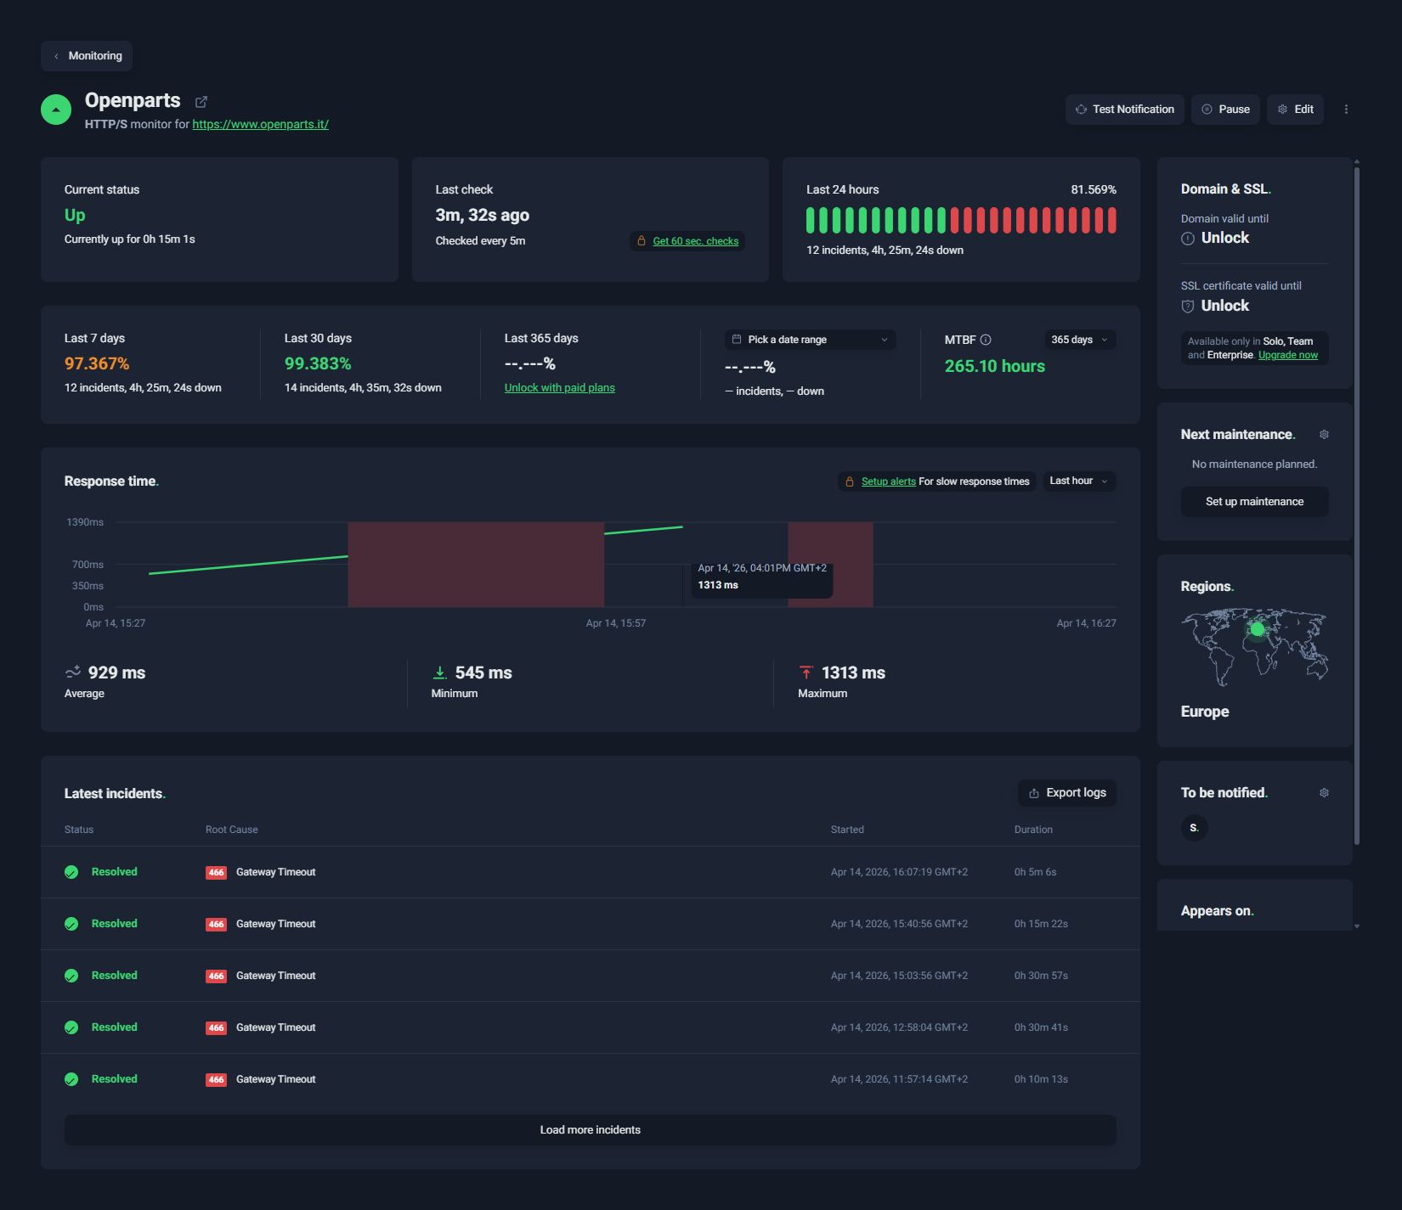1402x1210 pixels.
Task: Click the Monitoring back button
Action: pos(87,56)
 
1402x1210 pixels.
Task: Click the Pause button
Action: pos(1225,110)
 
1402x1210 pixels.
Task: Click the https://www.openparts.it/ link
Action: pos(260,124)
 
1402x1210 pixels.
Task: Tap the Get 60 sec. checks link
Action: pos(695,241)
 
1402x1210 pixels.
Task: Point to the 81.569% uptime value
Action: pos(1093,189)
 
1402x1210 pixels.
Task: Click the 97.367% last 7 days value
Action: pos(97,363)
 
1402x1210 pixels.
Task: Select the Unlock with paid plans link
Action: pos(559,388)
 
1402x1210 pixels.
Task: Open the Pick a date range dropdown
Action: pos(810,340)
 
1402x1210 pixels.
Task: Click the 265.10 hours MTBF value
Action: pos(994,366)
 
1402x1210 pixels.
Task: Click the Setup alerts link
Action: pos(888,481)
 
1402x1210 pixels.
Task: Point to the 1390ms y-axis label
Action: pos(85,522)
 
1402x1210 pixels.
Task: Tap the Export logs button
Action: pos(1067,793)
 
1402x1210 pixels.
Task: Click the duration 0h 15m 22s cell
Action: pos(1040,924)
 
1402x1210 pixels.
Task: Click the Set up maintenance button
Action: pos(1254,502)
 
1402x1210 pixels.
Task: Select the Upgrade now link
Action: pos(1287,355)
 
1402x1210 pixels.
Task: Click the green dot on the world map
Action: pos(1257,629)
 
